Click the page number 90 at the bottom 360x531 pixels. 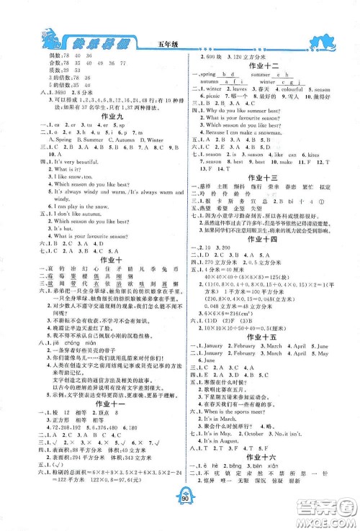[x=180, y=512]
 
